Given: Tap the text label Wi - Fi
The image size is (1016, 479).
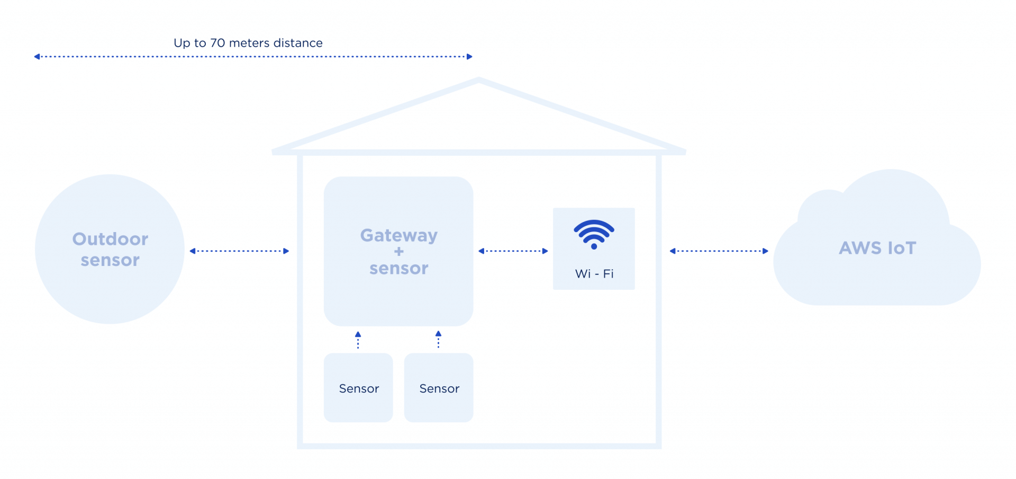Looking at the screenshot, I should pyautogui.click(x=594, y=274).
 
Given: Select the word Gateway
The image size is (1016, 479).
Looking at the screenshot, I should pyautogui.click(x=398, y=235).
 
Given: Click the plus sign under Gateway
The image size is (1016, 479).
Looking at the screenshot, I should pyautogui.click(x=399, y=252).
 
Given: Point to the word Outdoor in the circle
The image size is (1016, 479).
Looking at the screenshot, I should pyautogui.click(x=110, y=239).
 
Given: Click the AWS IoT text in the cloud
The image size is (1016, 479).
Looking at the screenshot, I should pyautogui.click(x=877, y=248).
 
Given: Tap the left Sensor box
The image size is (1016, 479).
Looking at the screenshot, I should pyautogui.click(x=358, y=388).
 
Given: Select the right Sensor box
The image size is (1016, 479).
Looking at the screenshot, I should pyautogui.click(x=439, y=388).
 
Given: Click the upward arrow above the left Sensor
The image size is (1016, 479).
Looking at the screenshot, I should pyautogui.click(x=358, y=339).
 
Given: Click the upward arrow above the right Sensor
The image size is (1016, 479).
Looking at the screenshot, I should pyautogui.click(x=438, y=339).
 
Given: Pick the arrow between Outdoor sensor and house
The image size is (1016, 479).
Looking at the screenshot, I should pyautogui.click(x=239, y=251).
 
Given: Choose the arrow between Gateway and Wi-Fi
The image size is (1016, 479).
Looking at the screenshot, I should pyautogui.click(x=513, y=251).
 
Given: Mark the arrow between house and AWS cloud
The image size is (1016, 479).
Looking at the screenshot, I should pyautogui.click(x=719, y=251).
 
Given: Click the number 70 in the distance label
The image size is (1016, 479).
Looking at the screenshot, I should pyautogui.click(x=217, y=43).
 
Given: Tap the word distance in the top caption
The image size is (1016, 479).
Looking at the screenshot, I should pyautogui.click(x=298, y=43).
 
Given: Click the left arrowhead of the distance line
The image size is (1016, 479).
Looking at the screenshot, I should pyautogui.click(x=37, y=57).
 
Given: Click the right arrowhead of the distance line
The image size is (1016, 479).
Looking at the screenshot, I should pyautogui.click(x=469, y=57).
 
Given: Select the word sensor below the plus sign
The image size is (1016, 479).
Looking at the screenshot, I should pyautogui.click(x=398, y=269).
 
